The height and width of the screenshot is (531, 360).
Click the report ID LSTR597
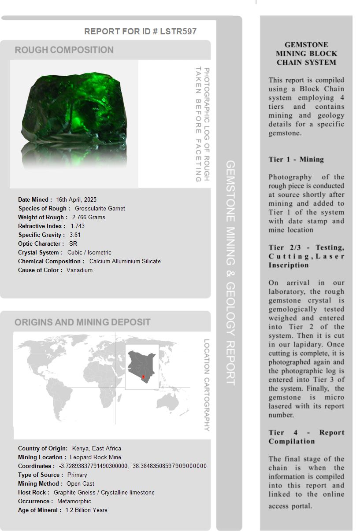[178, 31]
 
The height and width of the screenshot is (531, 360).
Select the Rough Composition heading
[64, 50]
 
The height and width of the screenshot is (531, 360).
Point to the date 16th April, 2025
[76, 199]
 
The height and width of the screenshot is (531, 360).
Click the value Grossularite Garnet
[100, 208]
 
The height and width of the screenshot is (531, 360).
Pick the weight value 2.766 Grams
[89, 217]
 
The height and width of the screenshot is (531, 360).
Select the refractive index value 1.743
[78, 226]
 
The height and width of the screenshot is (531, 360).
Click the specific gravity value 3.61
[75, 235]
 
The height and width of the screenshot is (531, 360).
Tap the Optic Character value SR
[73, 243]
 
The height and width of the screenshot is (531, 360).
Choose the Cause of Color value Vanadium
[79, 270]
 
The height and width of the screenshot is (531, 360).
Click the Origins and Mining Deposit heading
[82, 322]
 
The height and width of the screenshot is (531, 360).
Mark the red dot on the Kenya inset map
[143, 377]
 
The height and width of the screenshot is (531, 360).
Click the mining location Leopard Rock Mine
[95, 457]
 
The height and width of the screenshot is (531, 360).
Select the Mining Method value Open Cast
[80, 483]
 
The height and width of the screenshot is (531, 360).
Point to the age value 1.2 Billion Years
[86, 510]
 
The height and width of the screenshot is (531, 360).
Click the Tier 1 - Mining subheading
[296, 159]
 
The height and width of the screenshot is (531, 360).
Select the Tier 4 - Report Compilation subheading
[306, 437]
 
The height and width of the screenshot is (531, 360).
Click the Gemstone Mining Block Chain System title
[306, 53]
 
